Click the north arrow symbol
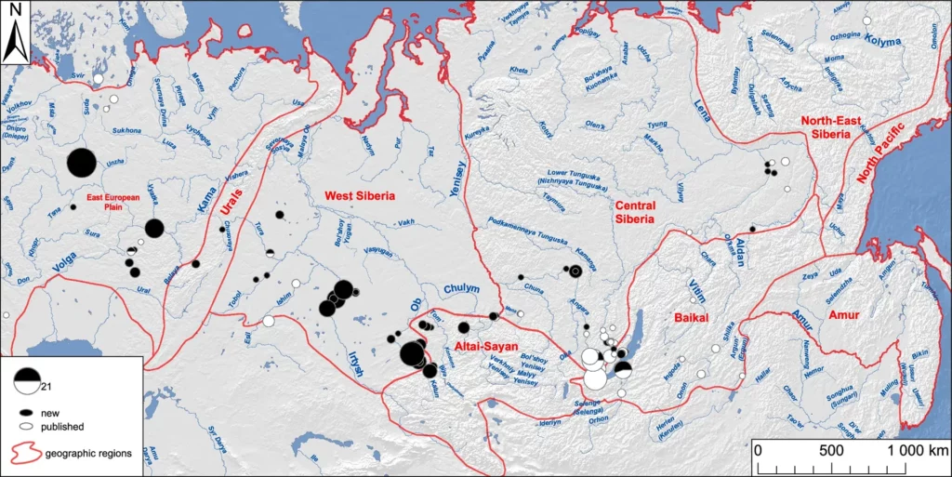point(16,41)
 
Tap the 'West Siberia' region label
point(360,196)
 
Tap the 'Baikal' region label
point(692,318)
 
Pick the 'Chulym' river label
point(462,288)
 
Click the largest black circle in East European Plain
point(82,164)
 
